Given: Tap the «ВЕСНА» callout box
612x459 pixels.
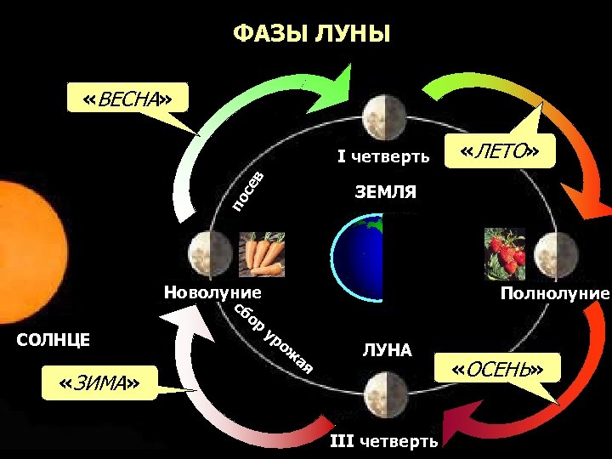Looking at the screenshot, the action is click(127, 99).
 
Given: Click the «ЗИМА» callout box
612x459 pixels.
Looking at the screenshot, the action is click(100, 384).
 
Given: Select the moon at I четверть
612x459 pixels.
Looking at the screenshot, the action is click(374, 116).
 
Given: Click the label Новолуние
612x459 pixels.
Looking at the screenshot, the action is click(212, 292).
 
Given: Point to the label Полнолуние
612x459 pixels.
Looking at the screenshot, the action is click(555, 294).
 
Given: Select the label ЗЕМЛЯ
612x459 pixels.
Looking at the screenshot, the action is click(385, 192).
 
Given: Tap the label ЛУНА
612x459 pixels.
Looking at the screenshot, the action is click(387, 349).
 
